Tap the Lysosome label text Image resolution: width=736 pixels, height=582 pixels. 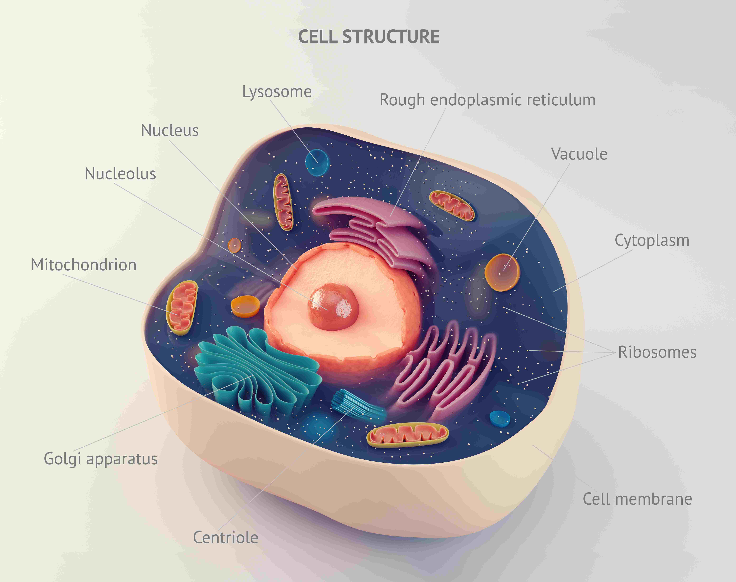[277, 92]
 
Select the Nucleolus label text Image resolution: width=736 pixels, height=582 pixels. [120, 174]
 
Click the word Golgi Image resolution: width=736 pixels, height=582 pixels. [62, 459]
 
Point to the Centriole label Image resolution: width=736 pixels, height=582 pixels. [225, 538]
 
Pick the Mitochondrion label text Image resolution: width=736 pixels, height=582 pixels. [84, 265]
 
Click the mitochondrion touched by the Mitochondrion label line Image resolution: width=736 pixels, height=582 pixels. [182, 308]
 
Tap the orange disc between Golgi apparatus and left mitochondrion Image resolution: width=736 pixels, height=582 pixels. [245, 306]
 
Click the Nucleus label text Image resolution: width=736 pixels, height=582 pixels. [170, 131]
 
